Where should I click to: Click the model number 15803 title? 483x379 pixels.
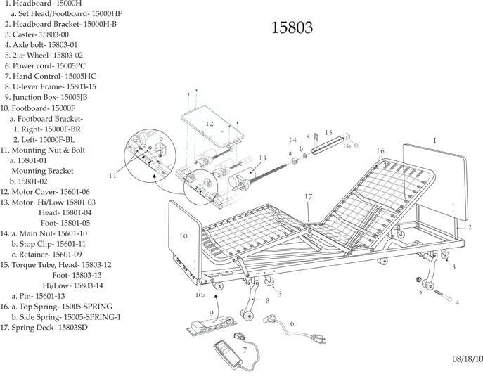click(x=292, y=28)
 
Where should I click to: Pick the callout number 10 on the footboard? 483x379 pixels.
click(x=183, y=236)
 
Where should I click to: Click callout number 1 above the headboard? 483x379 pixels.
click(x=434, y=141)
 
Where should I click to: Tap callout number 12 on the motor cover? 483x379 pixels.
click(x=210, y=124)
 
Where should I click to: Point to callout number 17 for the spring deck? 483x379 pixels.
click(x=307, y=197)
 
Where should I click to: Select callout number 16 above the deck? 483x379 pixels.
click(x=380, y=151)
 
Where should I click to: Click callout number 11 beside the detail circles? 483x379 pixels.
click(x=113, y=174)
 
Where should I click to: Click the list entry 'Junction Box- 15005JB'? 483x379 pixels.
click(x=44, y=97)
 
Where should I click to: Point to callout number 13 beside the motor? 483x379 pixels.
click(x=262, y=159)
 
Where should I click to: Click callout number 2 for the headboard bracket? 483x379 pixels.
click(x=470, y=228)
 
